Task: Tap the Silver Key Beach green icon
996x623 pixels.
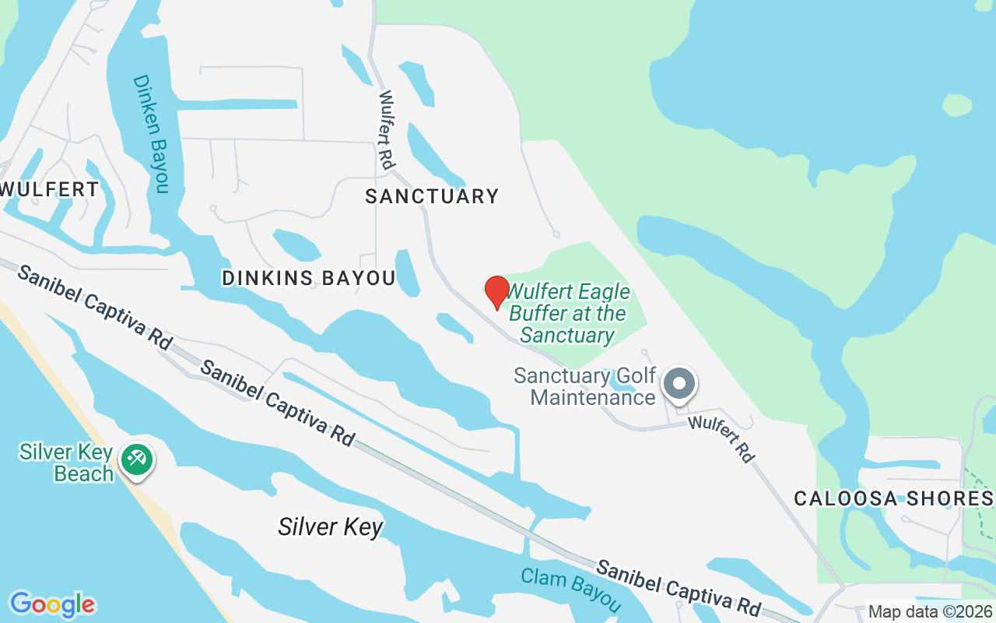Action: (137, 459)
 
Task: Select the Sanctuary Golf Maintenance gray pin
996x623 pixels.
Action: (679, 384)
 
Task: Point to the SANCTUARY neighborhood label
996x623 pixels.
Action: (432, 196)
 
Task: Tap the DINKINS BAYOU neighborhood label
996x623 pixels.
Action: (309, 278)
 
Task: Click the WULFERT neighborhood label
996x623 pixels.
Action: (50, 189)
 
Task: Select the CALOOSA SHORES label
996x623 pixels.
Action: (893, 498)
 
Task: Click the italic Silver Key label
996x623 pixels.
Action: (331, 527)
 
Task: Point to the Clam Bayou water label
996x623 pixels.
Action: (571, 590)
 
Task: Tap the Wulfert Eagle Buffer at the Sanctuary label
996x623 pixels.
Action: (568, 314)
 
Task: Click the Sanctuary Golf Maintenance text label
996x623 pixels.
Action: (585, 386)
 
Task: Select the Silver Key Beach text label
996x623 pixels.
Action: (67, 463)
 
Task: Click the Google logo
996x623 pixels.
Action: (52, 604)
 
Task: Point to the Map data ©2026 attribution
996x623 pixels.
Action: (931, 612)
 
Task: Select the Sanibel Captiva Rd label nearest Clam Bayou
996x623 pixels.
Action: (678, 585)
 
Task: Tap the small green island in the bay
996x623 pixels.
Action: (957, 104)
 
